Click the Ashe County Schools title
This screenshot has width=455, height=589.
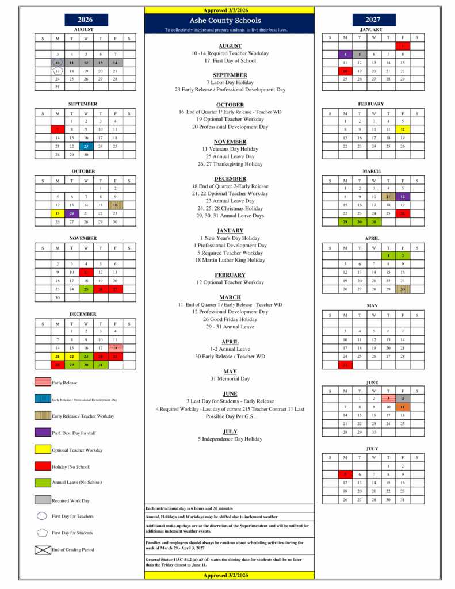tap(229, 20)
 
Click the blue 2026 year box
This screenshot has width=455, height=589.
tap(85, 20)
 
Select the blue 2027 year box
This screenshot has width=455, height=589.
tap(372, 20)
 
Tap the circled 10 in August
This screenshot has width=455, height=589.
tap(57, 62)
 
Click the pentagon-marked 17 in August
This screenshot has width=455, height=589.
tap(57, 71)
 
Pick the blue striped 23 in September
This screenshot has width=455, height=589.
tap(86, 146)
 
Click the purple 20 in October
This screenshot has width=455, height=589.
tap(71, 213)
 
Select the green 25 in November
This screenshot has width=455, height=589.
tap(86, 289)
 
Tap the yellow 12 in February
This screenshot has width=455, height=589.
tap(403, 129)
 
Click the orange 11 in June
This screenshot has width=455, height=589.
tap(403, 407)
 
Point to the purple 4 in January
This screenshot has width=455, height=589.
tap(345, 54)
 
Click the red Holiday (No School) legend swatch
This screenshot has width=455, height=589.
tap(43, 466)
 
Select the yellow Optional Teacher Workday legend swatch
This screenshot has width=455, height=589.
tap(43, 450)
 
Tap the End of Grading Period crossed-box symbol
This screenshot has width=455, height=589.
tap(43, 550)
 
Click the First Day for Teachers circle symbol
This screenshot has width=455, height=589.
tap(41, 516)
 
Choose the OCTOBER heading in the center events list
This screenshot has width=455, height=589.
tap(230, 105)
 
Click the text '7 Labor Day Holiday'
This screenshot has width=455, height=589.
tap(230, 82)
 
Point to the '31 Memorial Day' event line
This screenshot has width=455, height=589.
tap(230, 378)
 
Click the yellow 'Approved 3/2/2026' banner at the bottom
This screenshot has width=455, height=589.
tap(230, 575)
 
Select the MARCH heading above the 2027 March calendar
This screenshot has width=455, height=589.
tap(372, 171)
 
